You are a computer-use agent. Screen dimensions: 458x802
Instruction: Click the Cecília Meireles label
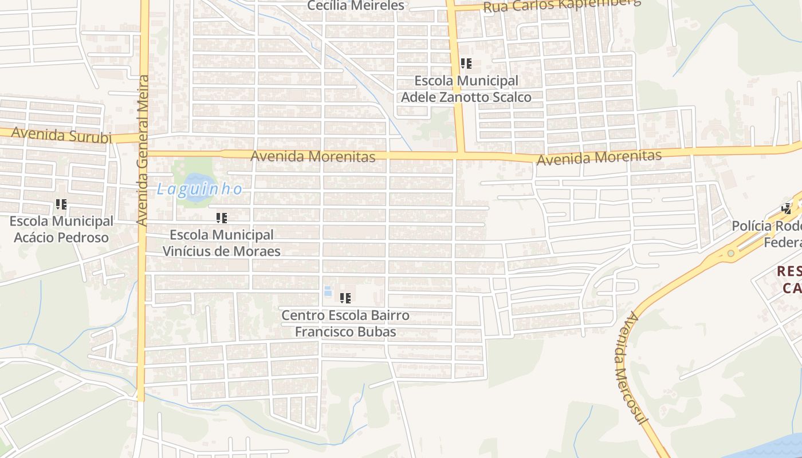pyautogui.click(x=356, y=6)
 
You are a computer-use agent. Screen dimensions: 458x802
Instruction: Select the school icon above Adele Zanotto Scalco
pyautogui.click(x=466, y=63)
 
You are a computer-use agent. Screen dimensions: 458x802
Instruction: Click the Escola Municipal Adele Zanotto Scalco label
pyautogui.click(x=466, y=89)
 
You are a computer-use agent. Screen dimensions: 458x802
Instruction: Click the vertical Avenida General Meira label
pyautogui.click(x=143, y=150)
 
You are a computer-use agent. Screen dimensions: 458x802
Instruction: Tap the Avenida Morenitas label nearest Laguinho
pyautogui.click(x=313, y=156)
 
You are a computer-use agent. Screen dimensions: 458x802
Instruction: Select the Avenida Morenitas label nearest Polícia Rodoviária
pyautogui.click(x=599, y=157)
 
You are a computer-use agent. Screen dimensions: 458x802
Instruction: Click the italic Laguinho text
pyautogui.click(x=199, y=189)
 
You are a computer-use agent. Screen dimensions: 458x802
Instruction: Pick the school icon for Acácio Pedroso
pyautogui.click(x=61, y=204)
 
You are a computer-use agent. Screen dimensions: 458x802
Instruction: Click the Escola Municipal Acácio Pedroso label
pyautogui.click(x=61, y=229)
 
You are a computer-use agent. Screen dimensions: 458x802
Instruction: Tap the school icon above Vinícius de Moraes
pyautogui.click(x=222, y=218)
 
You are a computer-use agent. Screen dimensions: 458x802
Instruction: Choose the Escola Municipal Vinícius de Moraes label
pyautogui.click(x=222, y=243)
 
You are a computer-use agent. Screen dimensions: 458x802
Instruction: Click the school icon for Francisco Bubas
pyautogui.click(x=345, y=298)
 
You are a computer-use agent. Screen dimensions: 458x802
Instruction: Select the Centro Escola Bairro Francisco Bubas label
pyautogui.click(x=345, y=323)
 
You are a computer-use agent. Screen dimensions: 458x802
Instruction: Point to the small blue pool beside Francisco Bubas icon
pyautogui.click(x=328, y=291)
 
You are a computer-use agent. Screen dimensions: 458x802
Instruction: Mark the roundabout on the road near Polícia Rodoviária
pyautogui.click(x=730, y=253)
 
